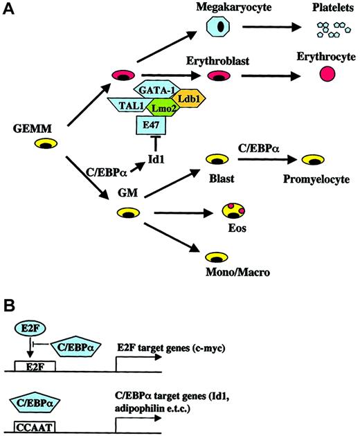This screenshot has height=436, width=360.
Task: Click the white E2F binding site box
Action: pyautogui.click(x=35, y=365)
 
